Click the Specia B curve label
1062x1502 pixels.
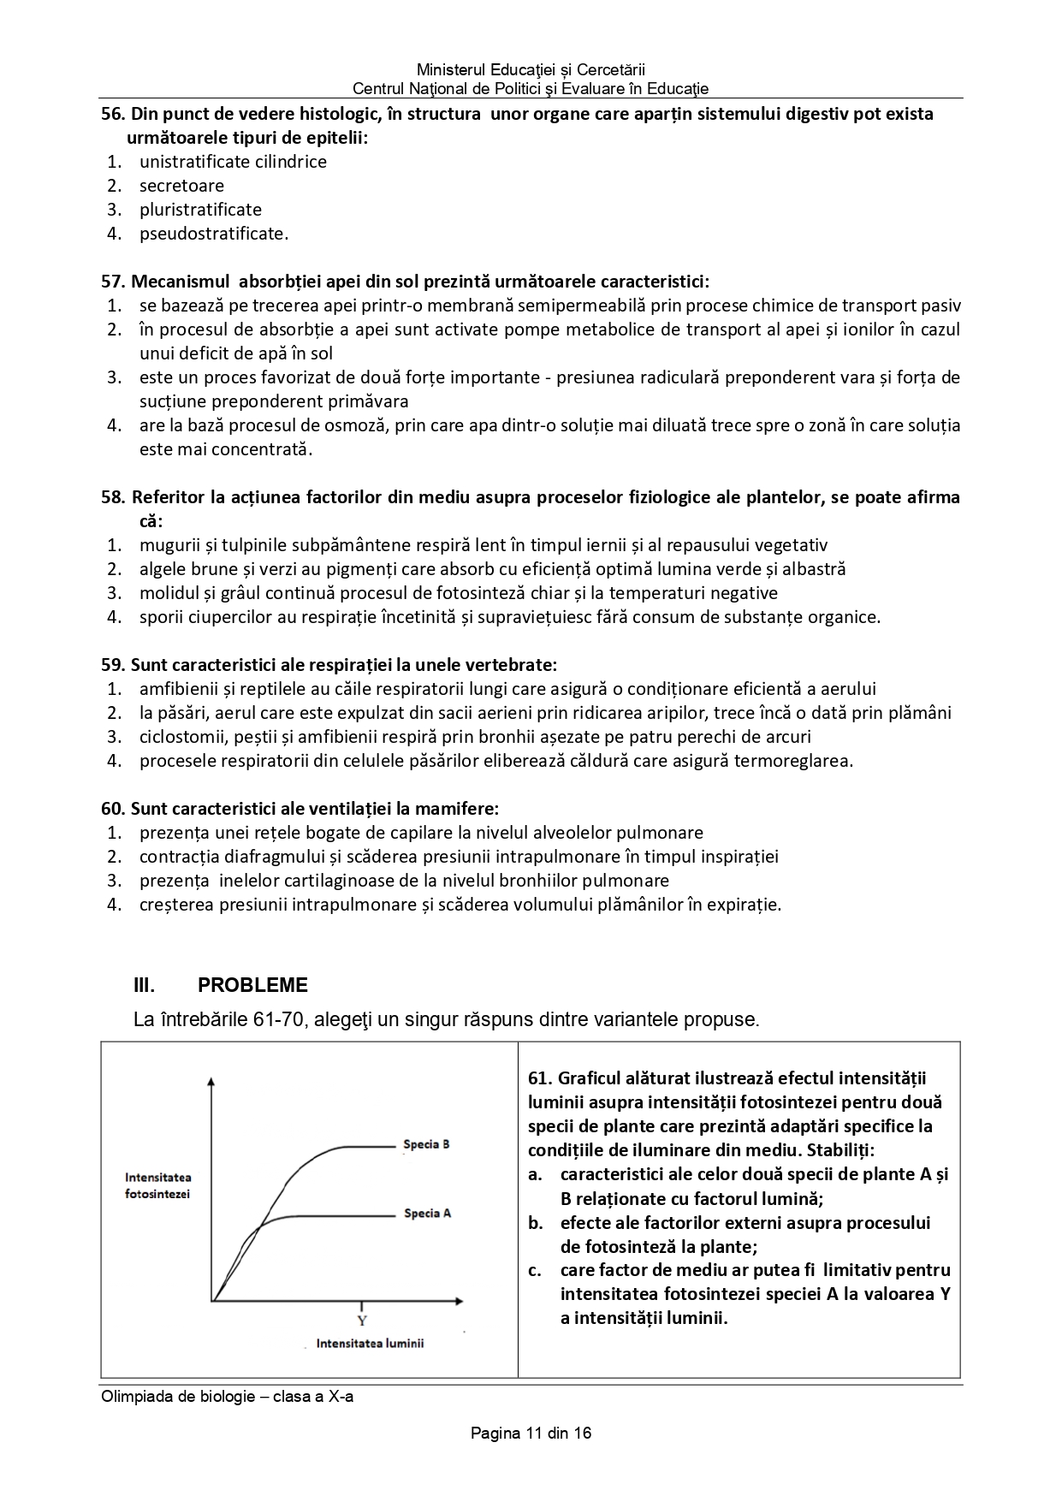[426, 1144]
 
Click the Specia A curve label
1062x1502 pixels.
[427, 1213]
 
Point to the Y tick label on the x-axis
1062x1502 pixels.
[362, 1321]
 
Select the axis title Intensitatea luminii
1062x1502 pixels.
[370, 1343]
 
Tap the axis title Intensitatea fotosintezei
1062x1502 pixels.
[157, 1185]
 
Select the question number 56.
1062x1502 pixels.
[112, 114]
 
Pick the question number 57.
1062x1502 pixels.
[112, 282]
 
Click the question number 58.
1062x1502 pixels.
[112, 497]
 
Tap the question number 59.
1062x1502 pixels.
[112, 665]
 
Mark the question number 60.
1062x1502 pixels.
[112, 809]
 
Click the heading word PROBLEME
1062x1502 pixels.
[252, 985]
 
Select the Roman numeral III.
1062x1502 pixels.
[144, 985]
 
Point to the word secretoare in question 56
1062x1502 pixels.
[181, 186]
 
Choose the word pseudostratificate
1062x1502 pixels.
[213, 234]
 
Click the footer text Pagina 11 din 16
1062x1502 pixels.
[531, 1433]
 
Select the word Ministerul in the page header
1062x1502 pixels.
[453, 69]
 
